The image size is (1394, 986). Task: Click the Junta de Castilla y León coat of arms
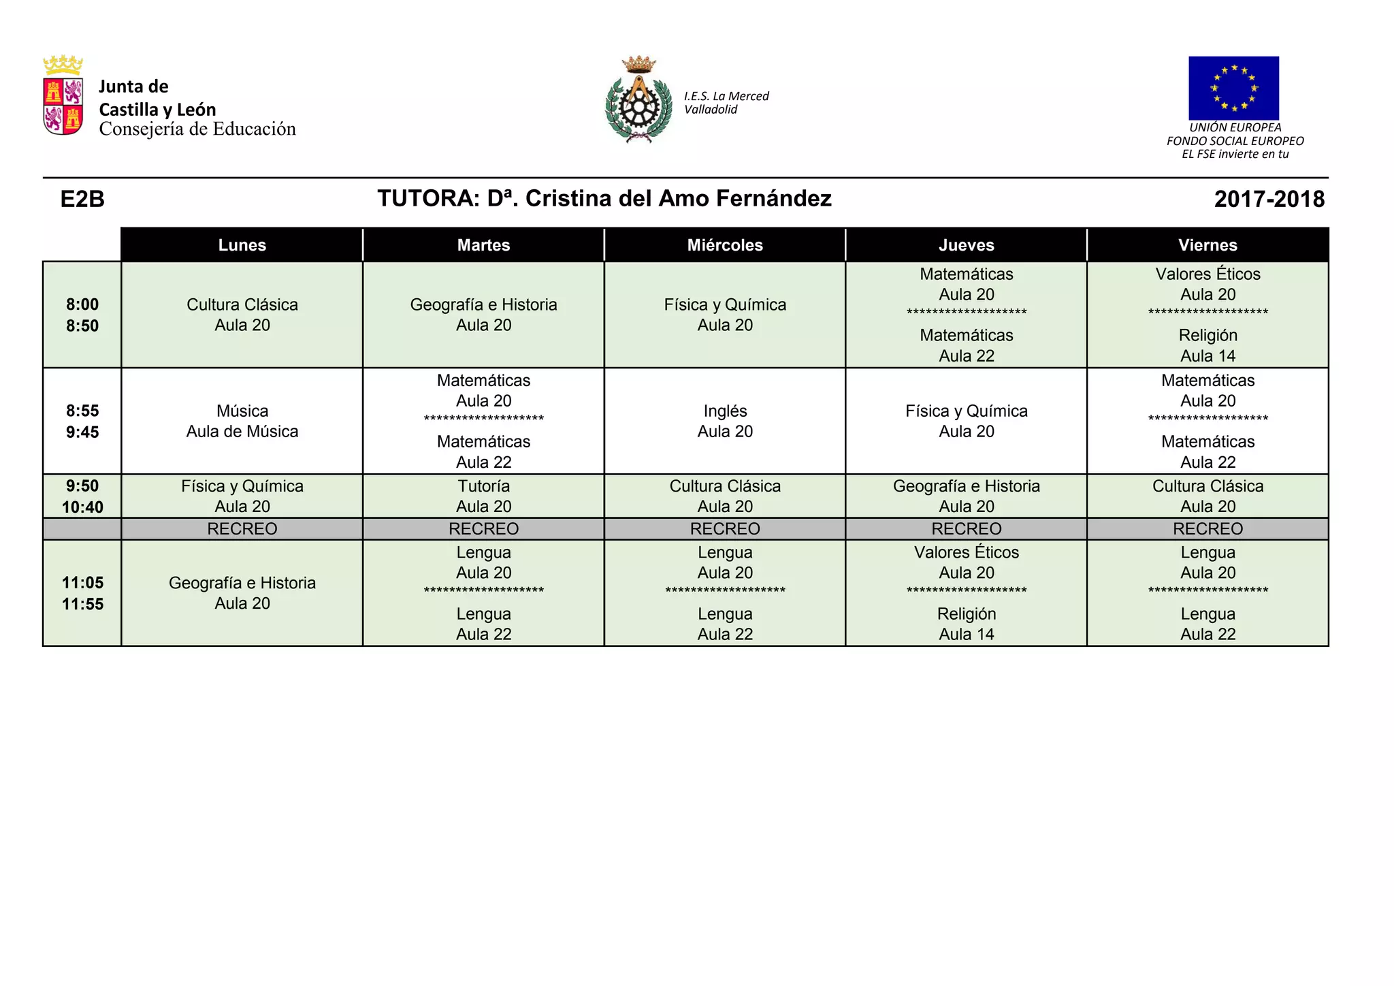[63, 95]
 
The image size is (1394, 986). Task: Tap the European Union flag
[1233, 88]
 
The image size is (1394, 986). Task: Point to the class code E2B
[82, 199]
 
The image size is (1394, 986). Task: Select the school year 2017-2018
[1269, 199]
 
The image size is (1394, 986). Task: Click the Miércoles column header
[725, 245]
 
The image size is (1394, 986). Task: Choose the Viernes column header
[1207, 245]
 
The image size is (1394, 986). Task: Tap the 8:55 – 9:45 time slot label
[82, 421]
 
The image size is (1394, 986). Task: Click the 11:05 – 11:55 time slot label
[82, 593]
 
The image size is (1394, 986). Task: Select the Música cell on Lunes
[242, 421]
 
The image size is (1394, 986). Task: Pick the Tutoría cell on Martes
[483, 496]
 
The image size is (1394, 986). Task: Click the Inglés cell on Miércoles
[725, 421]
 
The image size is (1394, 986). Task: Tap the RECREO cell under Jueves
[966, 528]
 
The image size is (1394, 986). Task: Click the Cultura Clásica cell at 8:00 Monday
[242, 315]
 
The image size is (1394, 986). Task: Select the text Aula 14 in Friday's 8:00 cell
[1207, 355]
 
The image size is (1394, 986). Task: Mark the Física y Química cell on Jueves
[966, 421]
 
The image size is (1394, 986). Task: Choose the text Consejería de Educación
[197, 129]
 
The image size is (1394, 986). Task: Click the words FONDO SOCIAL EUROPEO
[1235, 141]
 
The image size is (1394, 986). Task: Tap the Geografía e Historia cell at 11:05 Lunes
[242, 593]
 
